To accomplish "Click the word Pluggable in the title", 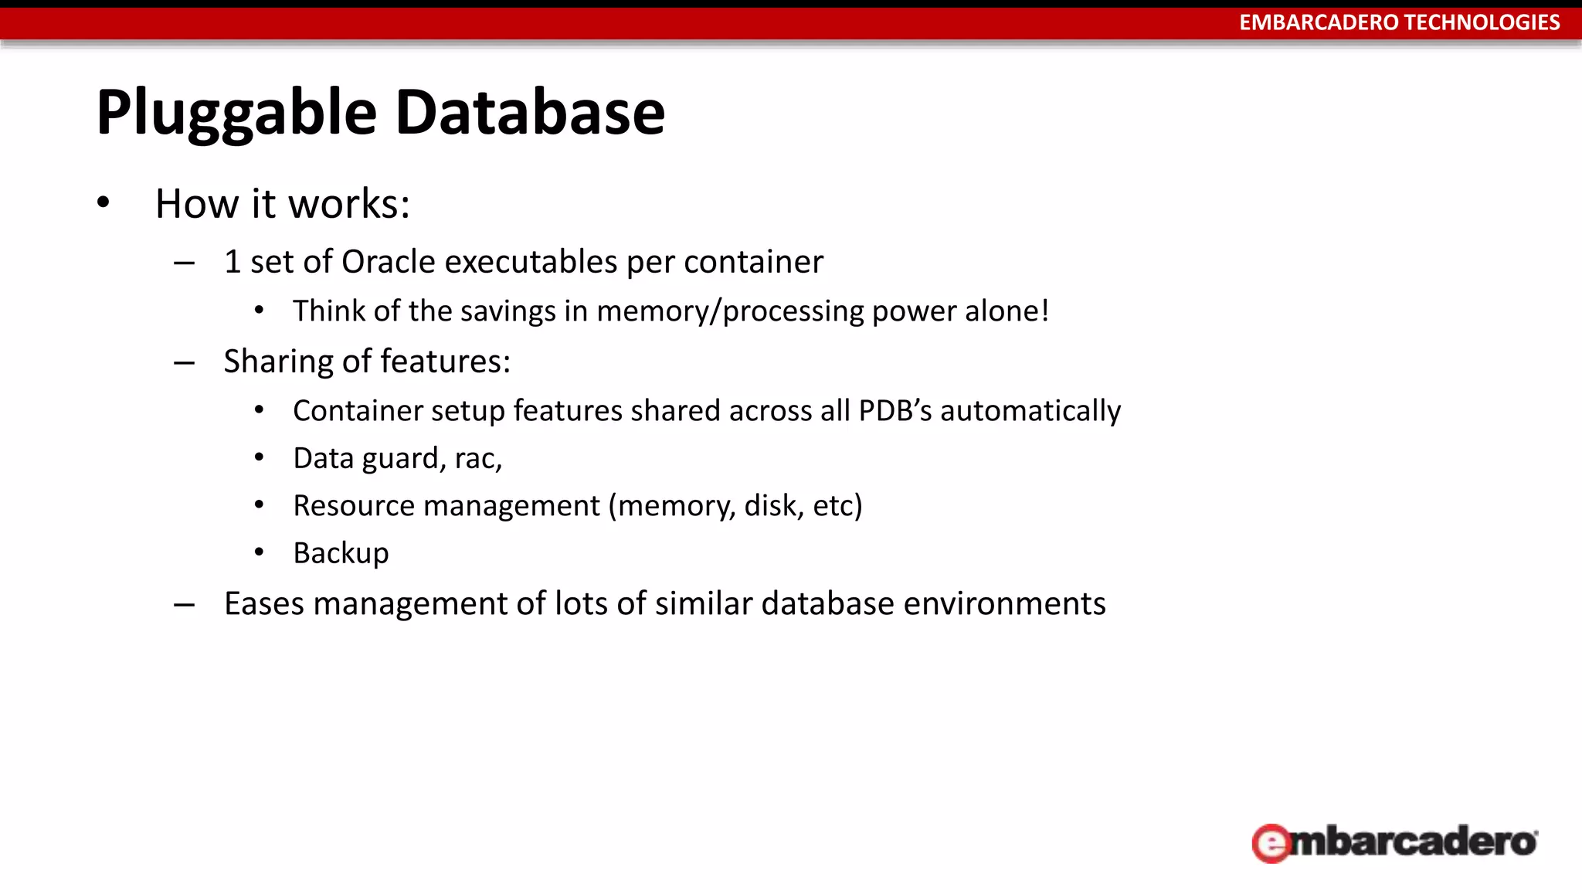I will click(236, 114).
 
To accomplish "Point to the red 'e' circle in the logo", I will click(1271, 843).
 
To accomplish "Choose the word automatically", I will click(1030, 411).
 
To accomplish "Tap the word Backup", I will click(341, 553).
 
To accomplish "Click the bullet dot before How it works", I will click(104, 202).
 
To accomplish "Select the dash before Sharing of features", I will click(184, 362).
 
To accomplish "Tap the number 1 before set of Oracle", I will click(232, 262).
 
